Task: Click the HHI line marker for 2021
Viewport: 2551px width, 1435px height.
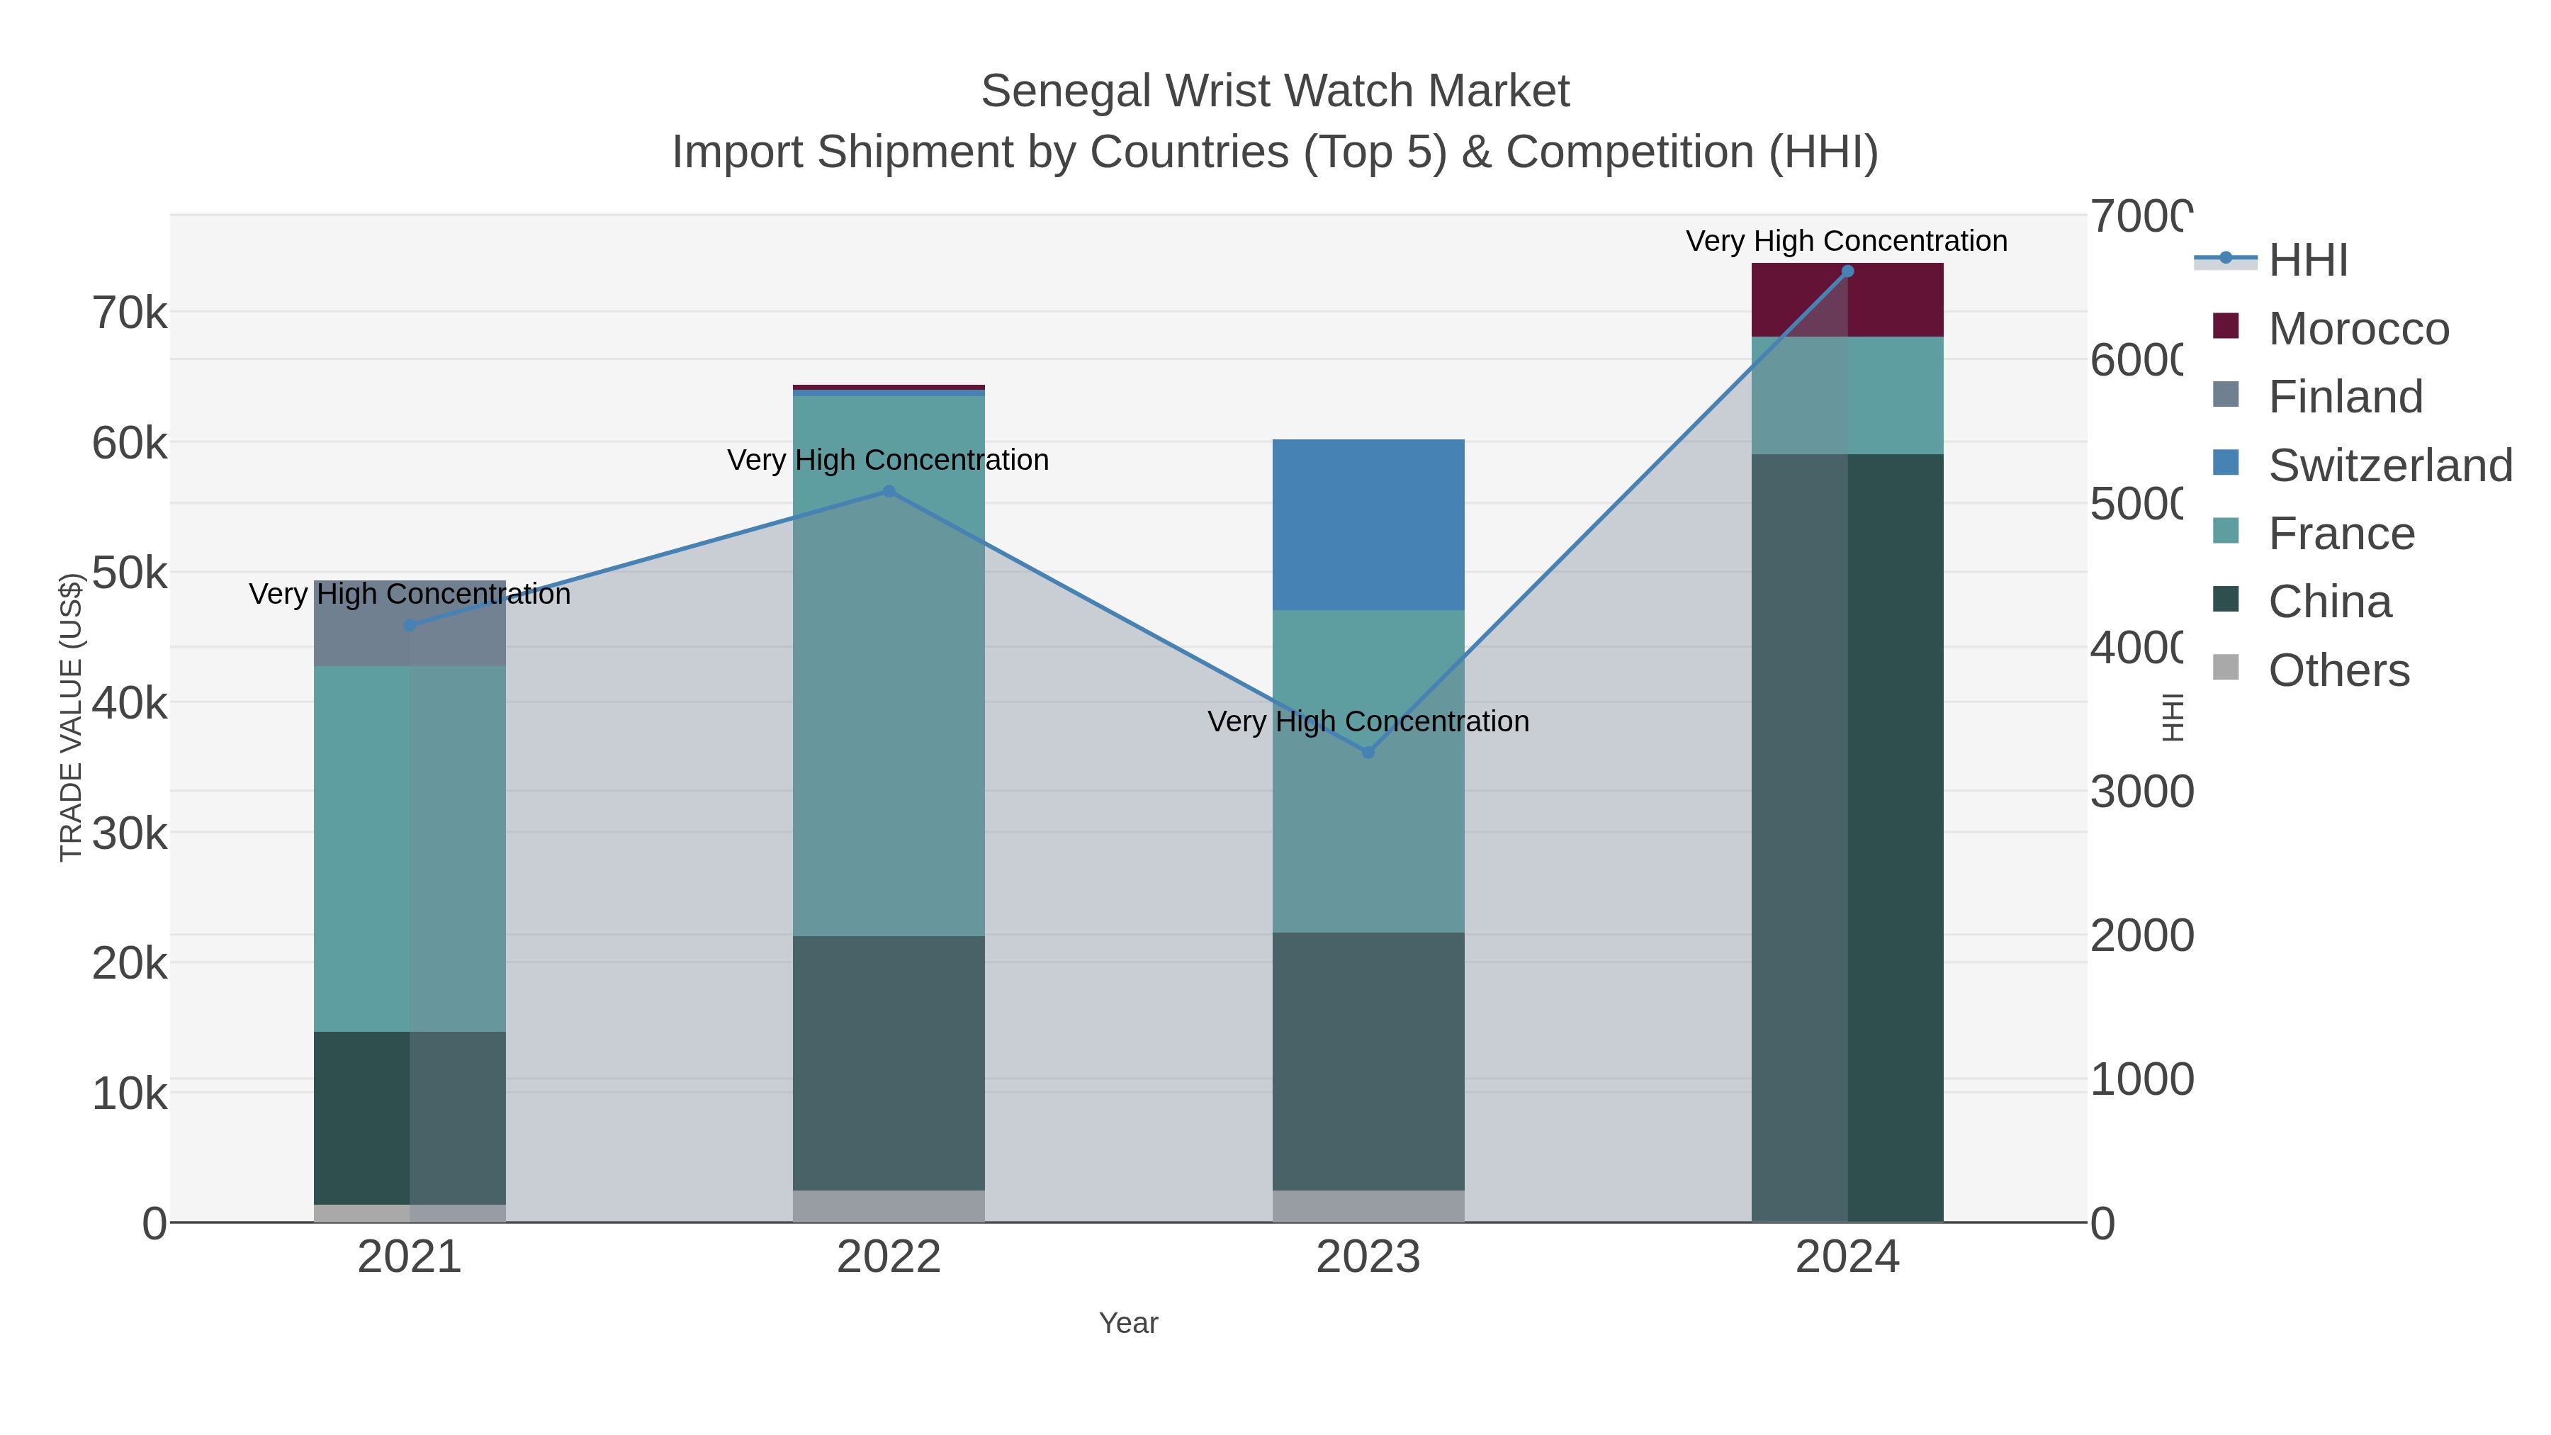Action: (410, 625)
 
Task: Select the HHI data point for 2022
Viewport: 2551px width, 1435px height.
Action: (889, 491)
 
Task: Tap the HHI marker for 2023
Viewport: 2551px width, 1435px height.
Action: (1368, 753)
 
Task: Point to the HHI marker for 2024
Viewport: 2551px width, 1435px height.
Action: (1847, 271)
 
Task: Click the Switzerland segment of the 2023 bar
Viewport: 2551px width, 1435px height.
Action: (1368, 525)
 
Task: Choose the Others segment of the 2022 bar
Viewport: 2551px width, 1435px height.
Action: (889, 1206)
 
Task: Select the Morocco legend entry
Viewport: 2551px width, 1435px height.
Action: (2358, 329)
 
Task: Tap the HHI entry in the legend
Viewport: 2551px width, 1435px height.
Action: (2307, 261)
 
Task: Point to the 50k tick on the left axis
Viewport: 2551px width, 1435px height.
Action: (130, 573)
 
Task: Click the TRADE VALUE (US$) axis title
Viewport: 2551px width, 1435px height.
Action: (70, 717)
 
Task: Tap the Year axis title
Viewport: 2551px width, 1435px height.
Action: (1128, 1323)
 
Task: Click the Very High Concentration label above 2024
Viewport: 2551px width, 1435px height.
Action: (1846, 241)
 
